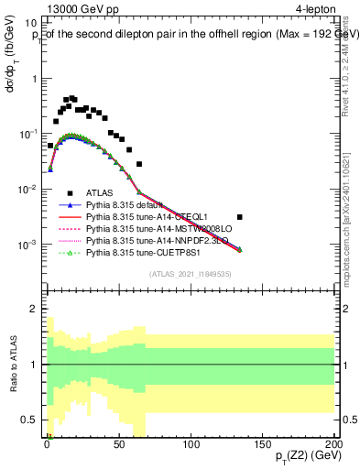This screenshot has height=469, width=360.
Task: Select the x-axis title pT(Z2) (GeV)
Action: [x=303, y=457]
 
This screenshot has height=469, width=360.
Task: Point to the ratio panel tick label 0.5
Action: [x=32, y=420]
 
